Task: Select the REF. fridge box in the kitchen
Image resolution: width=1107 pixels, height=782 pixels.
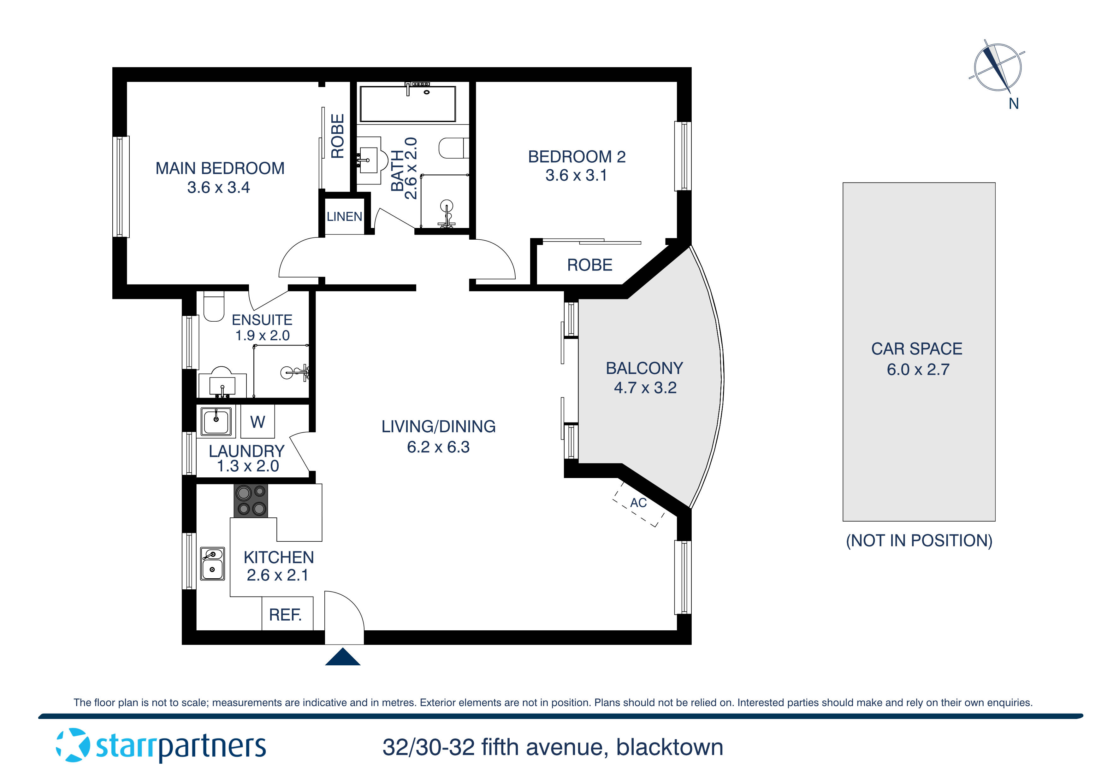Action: pos(287,614)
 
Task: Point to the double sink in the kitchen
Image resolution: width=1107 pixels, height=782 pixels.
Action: pos(213,563)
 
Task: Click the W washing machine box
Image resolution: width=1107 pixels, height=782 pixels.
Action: pos(258,422)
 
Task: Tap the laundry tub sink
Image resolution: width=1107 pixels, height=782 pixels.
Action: pos(216,422)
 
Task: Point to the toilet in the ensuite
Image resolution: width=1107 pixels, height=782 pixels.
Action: pos(214,306)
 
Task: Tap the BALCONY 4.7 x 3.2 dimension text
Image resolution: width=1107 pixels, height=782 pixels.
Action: pos(645,388)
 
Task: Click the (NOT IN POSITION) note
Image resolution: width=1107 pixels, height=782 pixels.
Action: pos(919,540)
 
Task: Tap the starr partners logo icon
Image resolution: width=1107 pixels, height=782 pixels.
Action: pos(73,746)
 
